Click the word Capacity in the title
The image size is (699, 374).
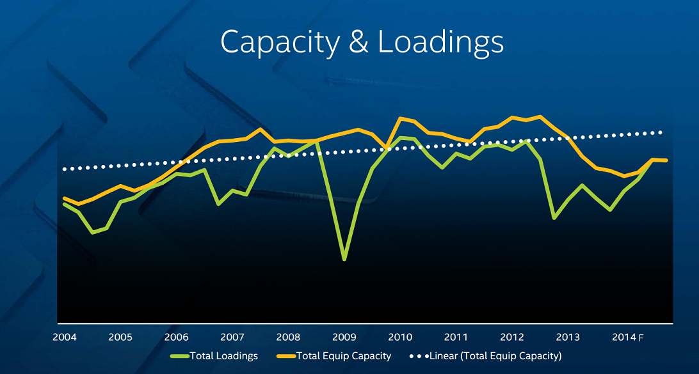point(280,42)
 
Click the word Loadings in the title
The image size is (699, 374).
point(440,42)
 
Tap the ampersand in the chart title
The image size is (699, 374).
point(359,42)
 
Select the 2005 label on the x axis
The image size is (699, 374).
point(120,338)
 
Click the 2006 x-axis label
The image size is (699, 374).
point(176,338)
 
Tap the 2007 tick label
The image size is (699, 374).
point(232,338)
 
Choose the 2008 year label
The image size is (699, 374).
point(288,338)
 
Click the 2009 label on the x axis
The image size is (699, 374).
point(344,338)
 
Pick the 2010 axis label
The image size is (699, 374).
point(400,338)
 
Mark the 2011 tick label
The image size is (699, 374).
point(456,338)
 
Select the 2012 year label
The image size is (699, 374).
point(512,338)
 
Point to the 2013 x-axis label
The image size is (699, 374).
point(568,338)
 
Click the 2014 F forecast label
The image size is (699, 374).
point(627,338)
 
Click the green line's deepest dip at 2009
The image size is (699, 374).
point(344,259)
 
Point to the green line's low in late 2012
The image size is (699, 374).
point(554,218)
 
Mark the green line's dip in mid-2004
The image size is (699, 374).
point(93,232)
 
